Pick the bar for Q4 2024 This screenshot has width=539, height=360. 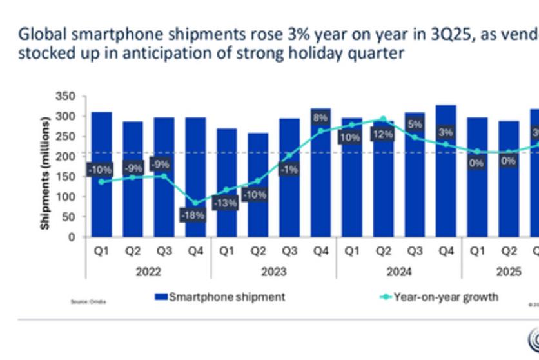(446, 194)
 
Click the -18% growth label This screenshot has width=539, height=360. (194, 215)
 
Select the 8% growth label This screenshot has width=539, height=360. (320, 118)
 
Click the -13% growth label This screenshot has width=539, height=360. (226, 203)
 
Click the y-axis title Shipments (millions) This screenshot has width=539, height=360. (45, 173)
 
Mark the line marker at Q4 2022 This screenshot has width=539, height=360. (195, 203)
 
